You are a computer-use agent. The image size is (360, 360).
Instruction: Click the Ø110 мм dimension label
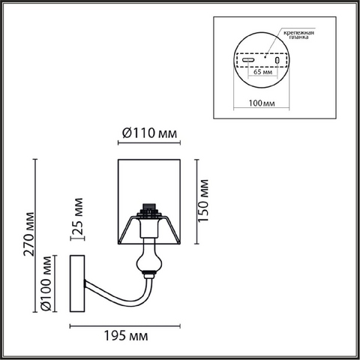pos(149,133)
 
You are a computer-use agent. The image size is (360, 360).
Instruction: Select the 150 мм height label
pos(203,200)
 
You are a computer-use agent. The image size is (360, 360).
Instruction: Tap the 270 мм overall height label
pos(29,234)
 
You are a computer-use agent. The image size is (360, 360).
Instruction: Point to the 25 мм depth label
pos(78,216)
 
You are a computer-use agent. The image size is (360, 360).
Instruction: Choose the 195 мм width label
pos(126,336)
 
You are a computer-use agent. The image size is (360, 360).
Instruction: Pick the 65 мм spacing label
pos(262,72)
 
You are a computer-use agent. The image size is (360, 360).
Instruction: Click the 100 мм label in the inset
pos(262,103)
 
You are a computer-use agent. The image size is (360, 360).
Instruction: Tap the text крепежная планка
pos(299,35)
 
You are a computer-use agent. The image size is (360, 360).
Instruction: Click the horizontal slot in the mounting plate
pos(248,60)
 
